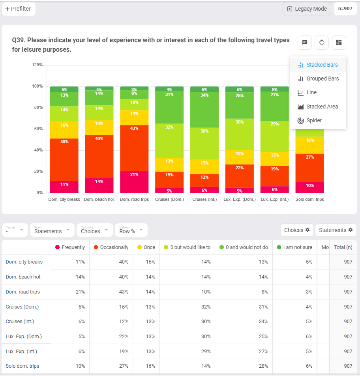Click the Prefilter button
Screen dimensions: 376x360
coord(19,9)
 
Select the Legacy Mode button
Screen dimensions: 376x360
coord(307,9)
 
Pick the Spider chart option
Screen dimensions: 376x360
coord(314,120)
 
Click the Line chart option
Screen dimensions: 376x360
coord(311,92)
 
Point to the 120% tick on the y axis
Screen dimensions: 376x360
coord(37,65)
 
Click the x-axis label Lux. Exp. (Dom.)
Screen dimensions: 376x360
coord(240,199)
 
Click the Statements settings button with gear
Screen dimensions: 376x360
coord(336,230)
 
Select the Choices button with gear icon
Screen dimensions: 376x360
coord(297,230)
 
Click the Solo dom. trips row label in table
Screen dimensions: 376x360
coord(22,366)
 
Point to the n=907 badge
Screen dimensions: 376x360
coord(345,9)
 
